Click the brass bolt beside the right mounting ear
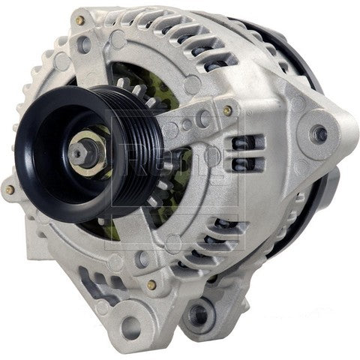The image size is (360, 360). [x=227, y=109]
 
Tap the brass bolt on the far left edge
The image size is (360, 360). [x=10, y=190]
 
